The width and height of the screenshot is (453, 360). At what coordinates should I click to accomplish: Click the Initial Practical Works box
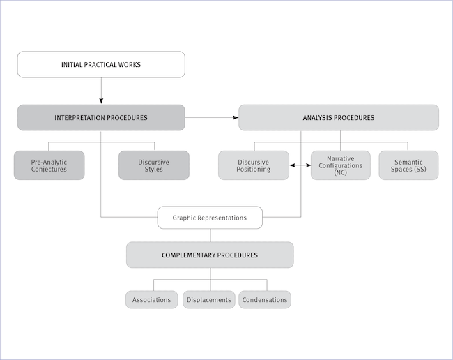[x=101, y=64]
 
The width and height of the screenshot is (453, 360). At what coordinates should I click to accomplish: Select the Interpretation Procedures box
[x=101, y=117]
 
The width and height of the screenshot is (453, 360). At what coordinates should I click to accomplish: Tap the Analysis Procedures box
[x=339, y=117]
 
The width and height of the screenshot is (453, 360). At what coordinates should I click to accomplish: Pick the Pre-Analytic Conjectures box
[x=49, y=165]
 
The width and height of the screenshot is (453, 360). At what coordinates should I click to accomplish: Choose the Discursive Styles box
[x=153, y=165]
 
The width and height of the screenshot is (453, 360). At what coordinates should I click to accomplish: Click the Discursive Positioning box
[x=254, y=165]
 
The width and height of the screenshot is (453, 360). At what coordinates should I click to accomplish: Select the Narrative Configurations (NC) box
[x=340, y=165]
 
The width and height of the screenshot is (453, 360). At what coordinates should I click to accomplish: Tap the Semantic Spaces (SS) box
[x=408, y=165]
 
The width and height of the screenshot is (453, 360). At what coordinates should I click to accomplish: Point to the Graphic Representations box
[x=210, y=218]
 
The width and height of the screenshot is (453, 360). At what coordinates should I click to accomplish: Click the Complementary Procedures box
[x=210, y=255]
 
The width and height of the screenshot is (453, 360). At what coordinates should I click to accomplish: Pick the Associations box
[x=151, y=300]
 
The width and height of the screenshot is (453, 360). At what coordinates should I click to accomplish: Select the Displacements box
[x=208, y=300]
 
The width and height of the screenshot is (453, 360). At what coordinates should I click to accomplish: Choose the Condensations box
[x=265, y=300]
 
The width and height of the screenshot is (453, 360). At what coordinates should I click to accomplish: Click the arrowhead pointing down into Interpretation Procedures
[x=101, y=100]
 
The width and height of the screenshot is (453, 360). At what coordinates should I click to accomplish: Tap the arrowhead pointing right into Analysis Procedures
[x=235, y=117]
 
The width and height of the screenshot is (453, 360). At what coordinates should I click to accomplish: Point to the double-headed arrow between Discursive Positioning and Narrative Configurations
[x=300, y=165]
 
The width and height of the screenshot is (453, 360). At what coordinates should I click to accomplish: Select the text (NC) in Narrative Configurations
[x=340, y=172]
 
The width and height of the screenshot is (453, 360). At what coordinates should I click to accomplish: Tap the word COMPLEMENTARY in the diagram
[x=190, y=255]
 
